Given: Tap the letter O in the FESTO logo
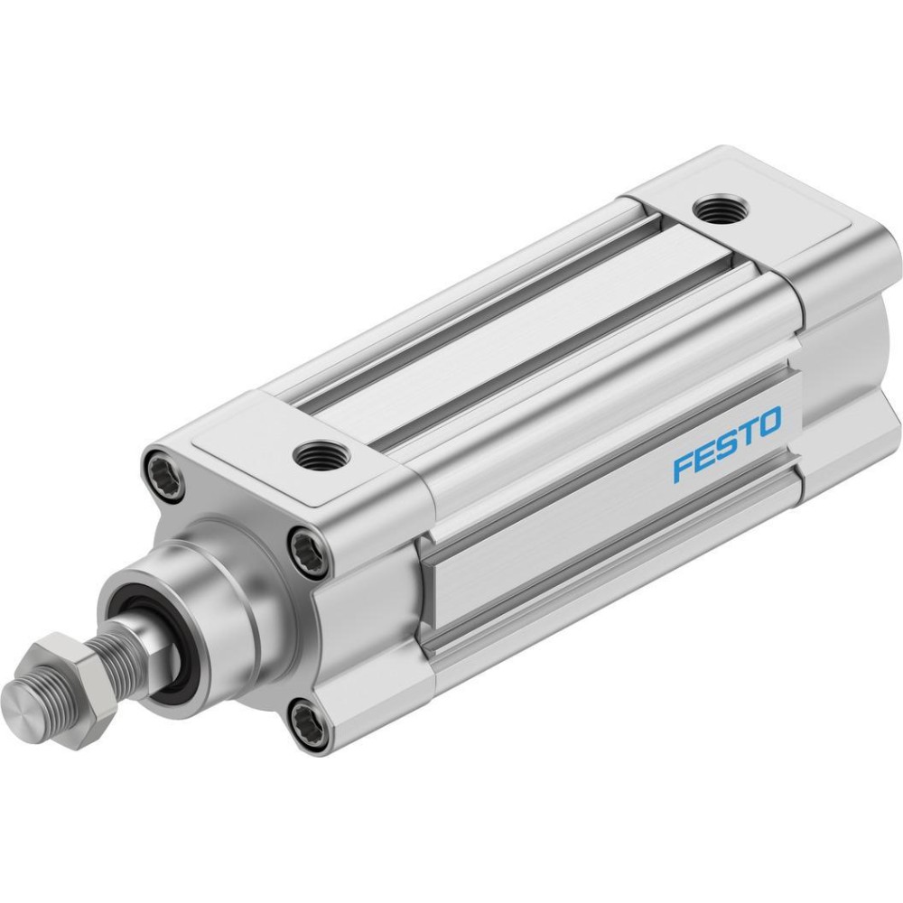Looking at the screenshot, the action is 769,422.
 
